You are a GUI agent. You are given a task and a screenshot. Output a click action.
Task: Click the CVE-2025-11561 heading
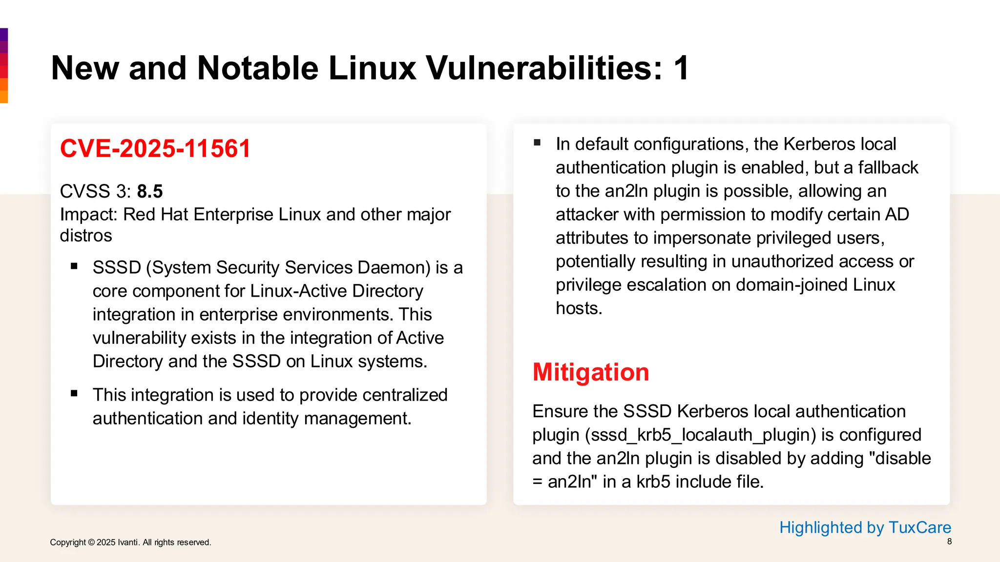155,148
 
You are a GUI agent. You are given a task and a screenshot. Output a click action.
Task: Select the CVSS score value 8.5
150,191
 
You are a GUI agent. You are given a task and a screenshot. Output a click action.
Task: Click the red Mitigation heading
590,372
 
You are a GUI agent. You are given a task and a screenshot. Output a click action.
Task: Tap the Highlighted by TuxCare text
865,527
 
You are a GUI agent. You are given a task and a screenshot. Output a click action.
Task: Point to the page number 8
949,542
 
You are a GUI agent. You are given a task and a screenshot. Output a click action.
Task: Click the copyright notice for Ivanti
130,542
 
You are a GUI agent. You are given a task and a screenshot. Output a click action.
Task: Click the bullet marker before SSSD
74,266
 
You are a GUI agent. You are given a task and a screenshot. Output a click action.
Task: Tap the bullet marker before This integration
74,394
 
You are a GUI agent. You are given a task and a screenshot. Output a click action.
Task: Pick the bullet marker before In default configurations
537,143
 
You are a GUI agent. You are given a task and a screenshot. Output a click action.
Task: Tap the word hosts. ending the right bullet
579,308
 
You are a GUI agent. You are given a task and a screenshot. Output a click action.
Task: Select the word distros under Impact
86,236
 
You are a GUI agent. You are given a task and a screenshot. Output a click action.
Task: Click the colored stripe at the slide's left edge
4,65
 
